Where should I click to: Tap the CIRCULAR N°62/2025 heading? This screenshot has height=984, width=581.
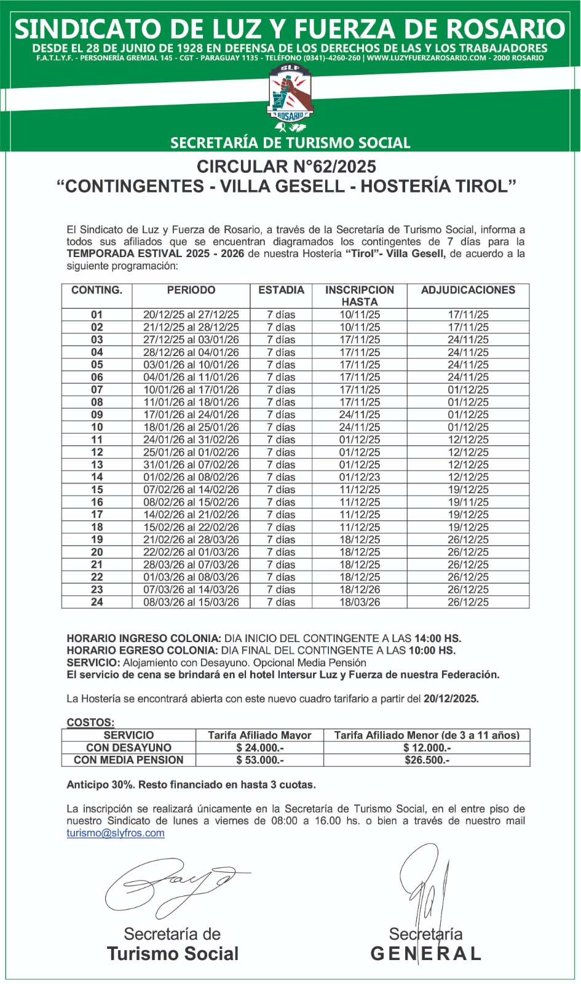287,167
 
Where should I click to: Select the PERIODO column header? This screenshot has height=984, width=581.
191,290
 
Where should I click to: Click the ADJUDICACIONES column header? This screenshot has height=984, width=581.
468,290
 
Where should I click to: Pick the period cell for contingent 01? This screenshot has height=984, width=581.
191,315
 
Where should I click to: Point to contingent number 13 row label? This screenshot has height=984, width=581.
97,465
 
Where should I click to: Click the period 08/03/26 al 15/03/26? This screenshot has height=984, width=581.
191,603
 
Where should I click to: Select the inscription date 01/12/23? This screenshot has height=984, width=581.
360,477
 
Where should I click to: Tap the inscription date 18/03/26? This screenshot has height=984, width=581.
360,603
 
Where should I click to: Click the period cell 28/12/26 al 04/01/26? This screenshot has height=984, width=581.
191,352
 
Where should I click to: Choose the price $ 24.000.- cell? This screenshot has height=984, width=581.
259,748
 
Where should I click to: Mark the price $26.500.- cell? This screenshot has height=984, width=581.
427,761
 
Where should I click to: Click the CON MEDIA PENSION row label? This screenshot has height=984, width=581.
128,761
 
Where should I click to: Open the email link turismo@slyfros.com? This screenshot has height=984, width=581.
116,833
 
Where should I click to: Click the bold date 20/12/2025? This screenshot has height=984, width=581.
451,699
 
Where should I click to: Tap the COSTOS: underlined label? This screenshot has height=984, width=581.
90,723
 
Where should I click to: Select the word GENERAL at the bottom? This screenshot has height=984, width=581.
425,954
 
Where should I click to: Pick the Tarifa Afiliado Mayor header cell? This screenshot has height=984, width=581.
259,736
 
